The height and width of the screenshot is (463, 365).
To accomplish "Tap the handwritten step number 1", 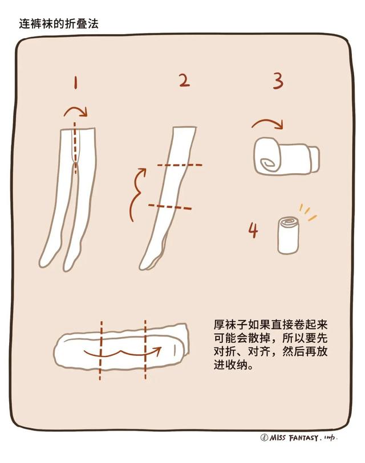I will (x=75, y=83).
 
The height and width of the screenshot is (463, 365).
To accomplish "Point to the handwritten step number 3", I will (x=277, y=81).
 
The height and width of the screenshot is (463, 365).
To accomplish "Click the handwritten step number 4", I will (x=253, y=230).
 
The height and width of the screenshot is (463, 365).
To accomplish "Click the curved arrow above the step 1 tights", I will (x=75, y=110).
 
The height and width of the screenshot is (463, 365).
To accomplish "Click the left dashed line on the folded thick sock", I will (x=100, y=349).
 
